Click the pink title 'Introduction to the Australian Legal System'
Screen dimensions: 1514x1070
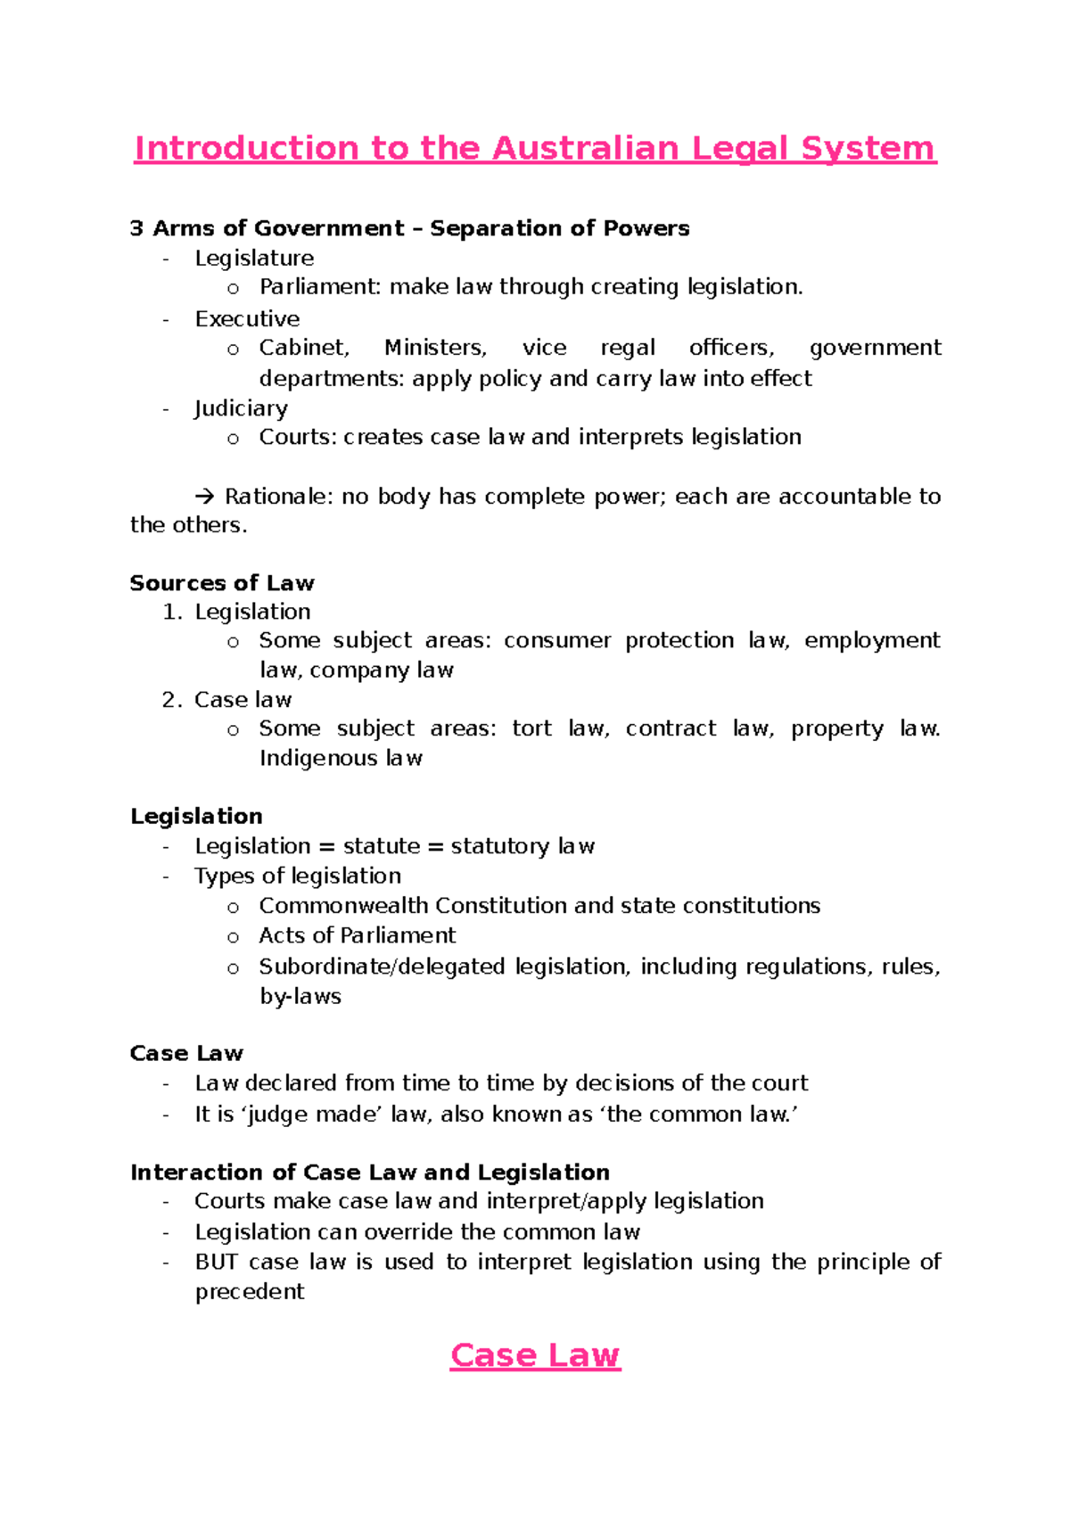point(535,148)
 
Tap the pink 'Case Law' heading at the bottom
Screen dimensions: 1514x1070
point(535,1355)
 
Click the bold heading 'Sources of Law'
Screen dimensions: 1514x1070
point(222,583)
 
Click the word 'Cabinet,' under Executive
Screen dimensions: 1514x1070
point(304,348)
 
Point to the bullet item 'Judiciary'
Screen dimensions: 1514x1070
point(241,408)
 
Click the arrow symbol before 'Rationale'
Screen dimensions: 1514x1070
point(205,497)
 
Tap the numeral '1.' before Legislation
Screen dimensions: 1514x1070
point(172,613)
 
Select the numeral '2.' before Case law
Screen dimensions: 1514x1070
point(172,701)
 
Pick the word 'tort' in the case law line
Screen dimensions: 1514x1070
point(532,729)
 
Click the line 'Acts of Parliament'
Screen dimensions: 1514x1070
point(357,935)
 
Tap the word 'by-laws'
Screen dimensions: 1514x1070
point(300,997)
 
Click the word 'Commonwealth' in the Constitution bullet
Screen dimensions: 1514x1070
point(343,906)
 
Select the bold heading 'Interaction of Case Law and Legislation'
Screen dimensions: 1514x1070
point(370,1173)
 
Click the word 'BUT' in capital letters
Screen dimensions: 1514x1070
point(216,1263)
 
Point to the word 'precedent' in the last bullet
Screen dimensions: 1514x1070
point(250,1292)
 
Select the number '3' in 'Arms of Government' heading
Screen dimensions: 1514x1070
point(136,229)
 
